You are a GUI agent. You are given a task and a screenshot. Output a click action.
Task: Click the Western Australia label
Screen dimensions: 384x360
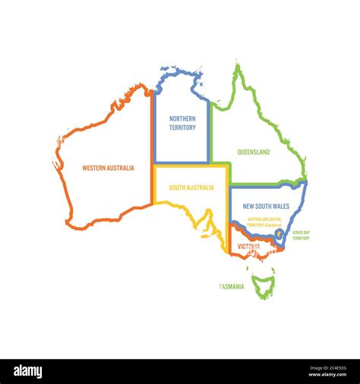pos(108,168)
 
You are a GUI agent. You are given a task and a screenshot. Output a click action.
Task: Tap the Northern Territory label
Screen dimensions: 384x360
pos(182,123)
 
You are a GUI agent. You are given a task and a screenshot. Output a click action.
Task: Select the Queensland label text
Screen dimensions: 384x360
pos(253,152)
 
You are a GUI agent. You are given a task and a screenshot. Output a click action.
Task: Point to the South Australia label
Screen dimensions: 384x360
pos(191,187)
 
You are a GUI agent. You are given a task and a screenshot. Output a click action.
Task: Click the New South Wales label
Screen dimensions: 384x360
pos(266,206)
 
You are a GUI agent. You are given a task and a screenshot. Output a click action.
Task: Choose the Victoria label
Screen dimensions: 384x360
pos(248,246)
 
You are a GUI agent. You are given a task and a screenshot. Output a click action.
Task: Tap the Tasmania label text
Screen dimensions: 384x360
pos(232,286)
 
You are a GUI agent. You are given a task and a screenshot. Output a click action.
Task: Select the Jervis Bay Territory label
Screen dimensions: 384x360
pos(301,235)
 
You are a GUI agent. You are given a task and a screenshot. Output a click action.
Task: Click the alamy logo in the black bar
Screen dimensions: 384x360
pos(27,372)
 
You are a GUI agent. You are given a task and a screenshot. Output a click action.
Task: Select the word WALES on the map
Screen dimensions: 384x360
pos(280,206)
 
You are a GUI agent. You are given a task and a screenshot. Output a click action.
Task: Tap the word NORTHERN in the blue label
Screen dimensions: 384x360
pos(182,118)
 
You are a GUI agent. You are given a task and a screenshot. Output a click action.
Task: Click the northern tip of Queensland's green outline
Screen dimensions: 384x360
pos(238,67)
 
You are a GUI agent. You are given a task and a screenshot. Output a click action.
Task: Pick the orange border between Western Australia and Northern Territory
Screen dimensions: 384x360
pos(153,144)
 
